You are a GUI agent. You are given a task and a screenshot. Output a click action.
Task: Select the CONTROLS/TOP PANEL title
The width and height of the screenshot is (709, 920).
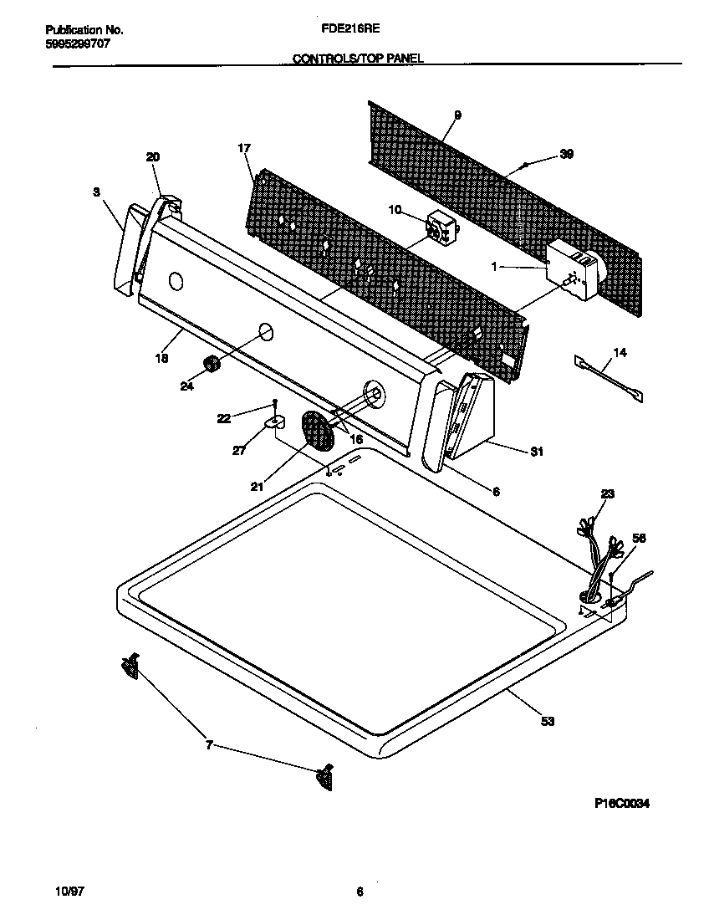click(358, 59)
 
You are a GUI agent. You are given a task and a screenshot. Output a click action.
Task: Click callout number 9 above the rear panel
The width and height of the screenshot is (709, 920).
click(457, 115)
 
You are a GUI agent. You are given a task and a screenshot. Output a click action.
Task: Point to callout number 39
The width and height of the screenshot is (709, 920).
click(566, 154)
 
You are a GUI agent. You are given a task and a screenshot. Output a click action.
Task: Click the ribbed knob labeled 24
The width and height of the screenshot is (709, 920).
click(212, 364)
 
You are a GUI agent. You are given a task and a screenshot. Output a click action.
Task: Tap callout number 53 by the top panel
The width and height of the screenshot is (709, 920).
click(548, 720)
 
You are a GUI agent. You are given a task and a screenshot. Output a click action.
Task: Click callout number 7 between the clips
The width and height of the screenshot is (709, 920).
click(210, 744)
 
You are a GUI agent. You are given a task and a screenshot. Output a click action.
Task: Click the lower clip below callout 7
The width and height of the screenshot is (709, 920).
click(324, 777)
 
